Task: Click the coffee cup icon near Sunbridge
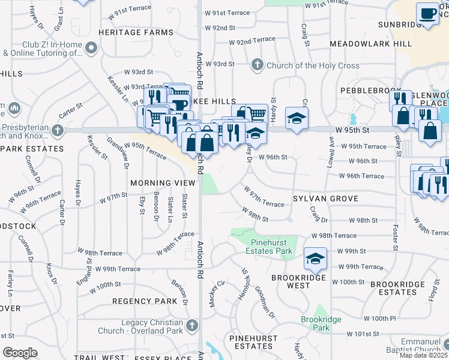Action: coord(427,13)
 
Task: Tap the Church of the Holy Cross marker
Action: coord(257,64)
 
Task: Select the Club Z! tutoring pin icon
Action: coord(91,47)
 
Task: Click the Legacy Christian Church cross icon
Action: coord(192,326)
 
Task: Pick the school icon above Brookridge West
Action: coord(315,259)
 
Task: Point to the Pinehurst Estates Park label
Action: coord(271,247)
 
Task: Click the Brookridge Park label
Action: coord(315,324)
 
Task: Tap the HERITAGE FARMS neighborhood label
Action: coord(127,32)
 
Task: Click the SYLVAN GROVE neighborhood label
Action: coord(325,199)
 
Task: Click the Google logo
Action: coord(20,353)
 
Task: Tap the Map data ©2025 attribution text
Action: coord(423,355)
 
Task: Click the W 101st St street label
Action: coord(363,334)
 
